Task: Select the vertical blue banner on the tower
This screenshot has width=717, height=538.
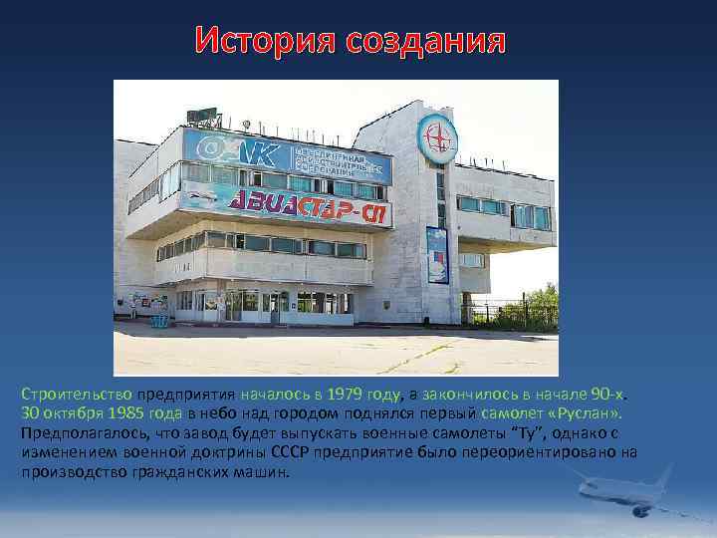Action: (x=437, y=255)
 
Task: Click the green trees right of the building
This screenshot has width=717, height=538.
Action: (x=533, y=304)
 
